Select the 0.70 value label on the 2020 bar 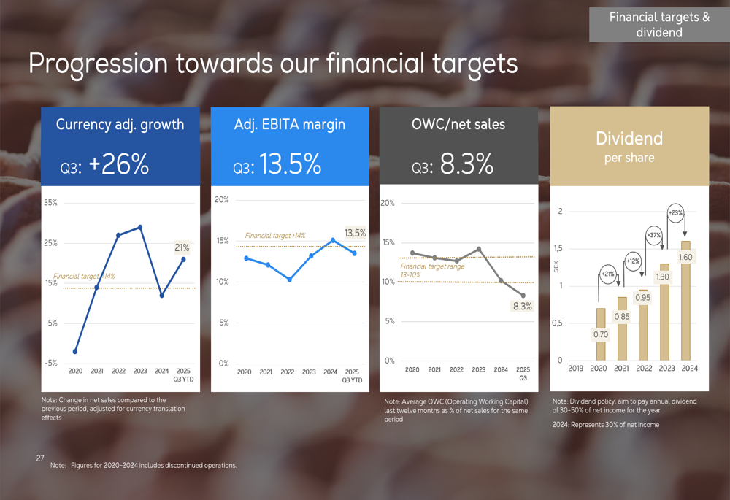(601, 335)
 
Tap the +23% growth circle (675, 213)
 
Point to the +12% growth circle (633, 261)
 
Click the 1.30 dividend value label (663, 277)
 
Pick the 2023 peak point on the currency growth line (140, 227)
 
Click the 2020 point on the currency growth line (75, 352)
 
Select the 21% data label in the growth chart (182, 248)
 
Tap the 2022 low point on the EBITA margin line (289, 280)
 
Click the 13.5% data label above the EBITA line (355, 234)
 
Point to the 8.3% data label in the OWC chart (522, 307)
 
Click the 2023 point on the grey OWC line (479, 249)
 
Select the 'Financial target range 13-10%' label (432, 270)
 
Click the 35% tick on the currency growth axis (50, 203)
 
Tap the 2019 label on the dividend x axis (575, 369)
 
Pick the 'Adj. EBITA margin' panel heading (289, 125)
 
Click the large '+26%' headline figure (118, 165)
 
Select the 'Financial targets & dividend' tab (659, 24)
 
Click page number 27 (40, 458)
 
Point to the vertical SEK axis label (557, 268)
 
